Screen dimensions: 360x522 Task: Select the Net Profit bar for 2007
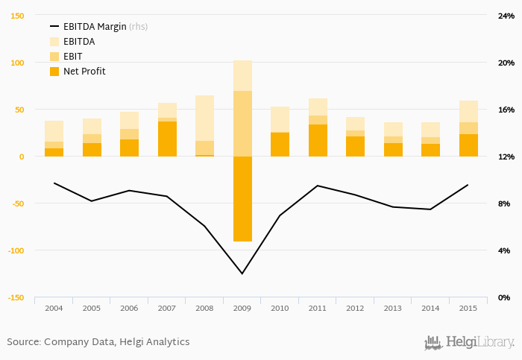pos(167,139)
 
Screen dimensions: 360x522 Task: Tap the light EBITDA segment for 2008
pos(204,118)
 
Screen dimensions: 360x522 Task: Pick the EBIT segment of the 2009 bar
pos(242,123)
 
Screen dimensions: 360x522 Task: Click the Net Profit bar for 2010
pos(280,145)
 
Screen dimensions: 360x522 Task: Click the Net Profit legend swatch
pos(54,72)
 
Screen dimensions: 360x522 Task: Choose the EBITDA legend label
pos(79,42)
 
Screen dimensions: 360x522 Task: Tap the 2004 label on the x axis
pos(54,308)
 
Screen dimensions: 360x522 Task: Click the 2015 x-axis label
pos(468,308)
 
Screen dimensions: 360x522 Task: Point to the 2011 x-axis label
pos(318,308)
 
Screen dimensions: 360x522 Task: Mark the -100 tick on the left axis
pos(15,250)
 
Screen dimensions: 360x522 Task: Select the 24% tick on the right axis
pos(506,16)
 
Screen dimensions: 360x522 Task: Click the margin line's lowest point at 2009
pos(242,274)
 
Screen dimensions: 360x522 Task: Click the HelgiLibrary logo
pos(469,342)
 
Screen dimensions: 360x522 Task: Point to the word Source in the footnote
pos(22,341)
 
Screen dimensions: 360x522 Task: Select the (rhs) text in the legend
pos(138,27)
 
